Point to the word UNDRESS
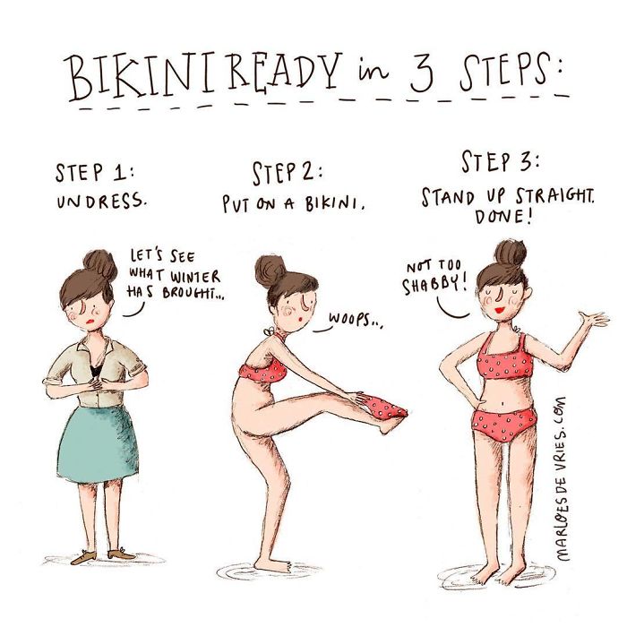point(100,202)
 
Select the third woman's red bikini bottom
point(505,427)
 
